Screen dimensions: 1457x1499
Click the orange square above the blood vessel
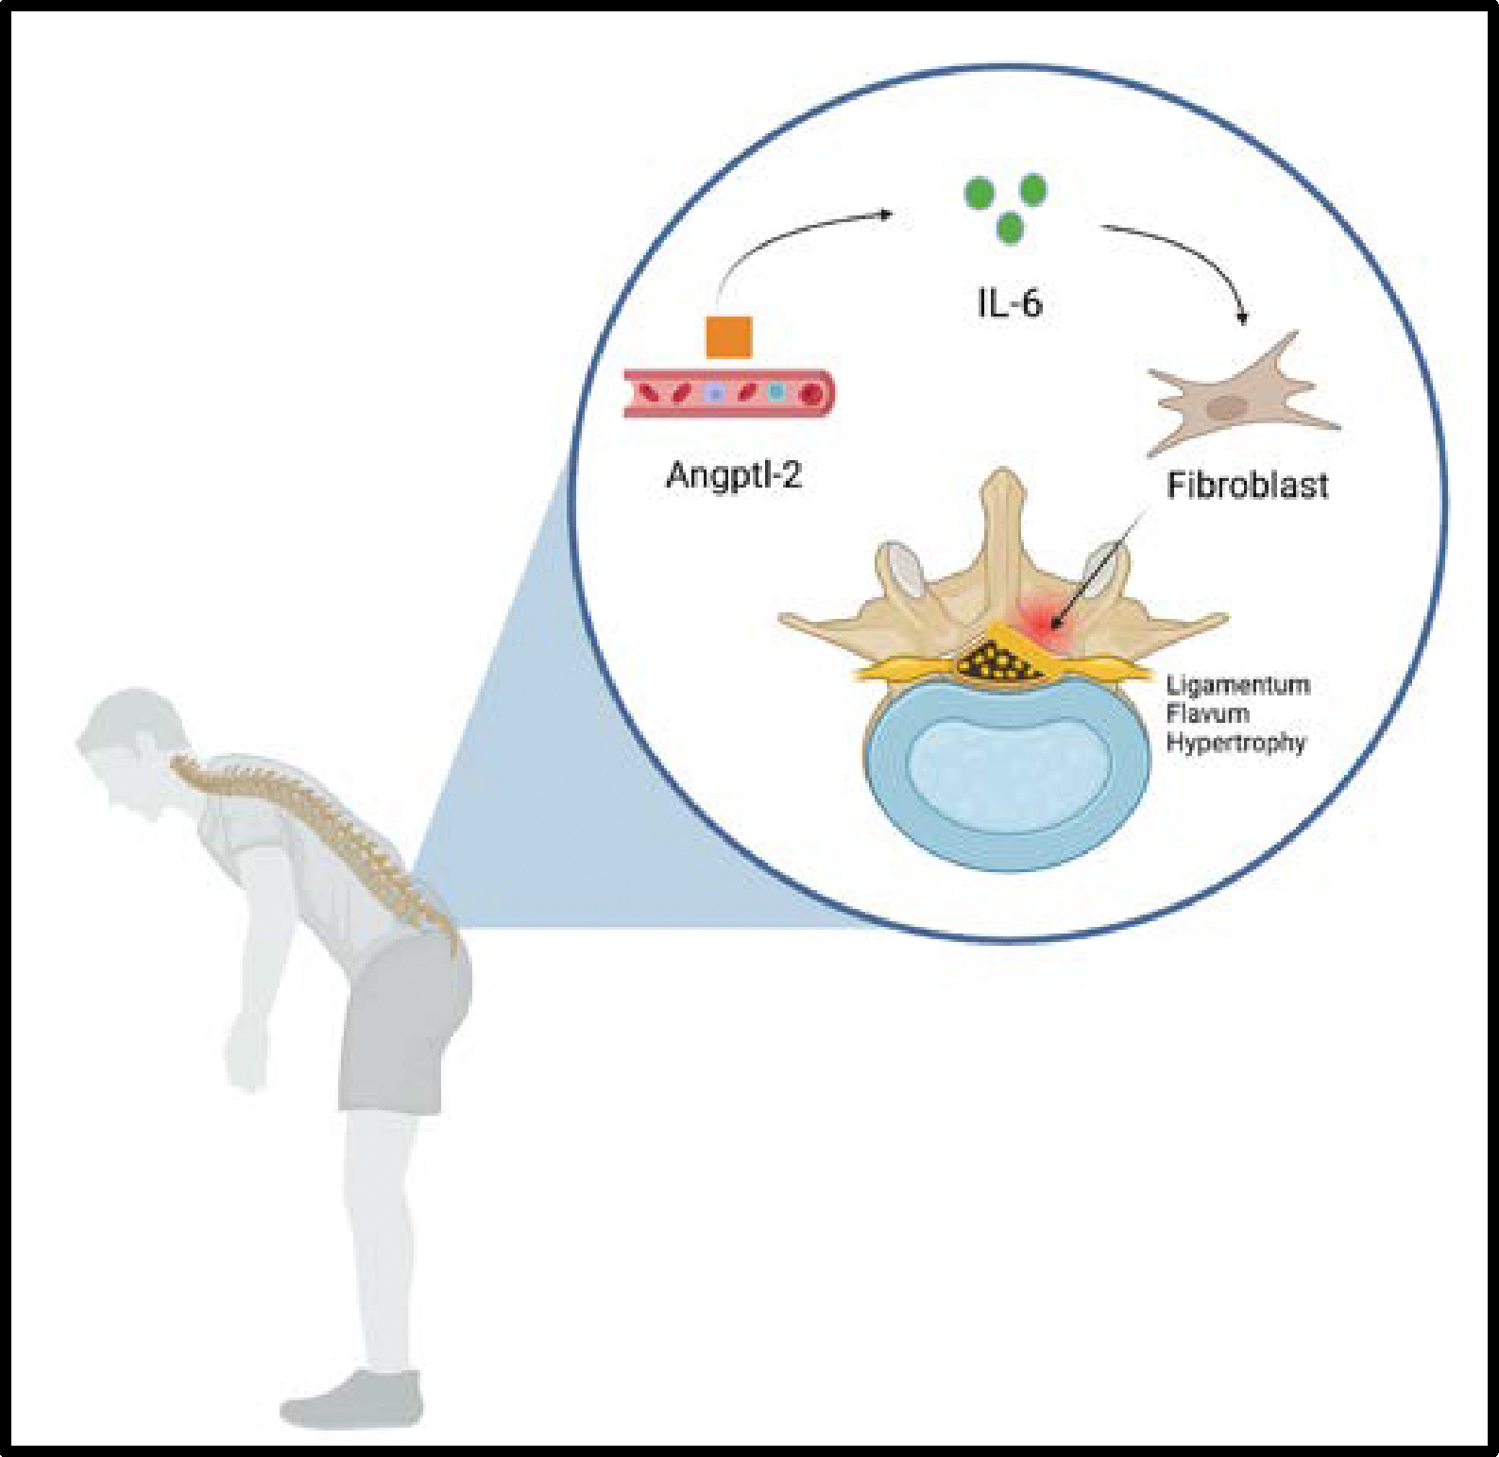pyautogui.click(x=728, y=337)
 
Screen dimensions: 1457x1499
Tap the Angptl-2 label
pyautogui.click(x=734, y=474)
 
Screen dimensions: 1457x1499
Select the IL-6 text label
pyautogui.click(x=1009, y=303)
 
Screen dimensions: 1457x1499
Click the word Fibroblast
pyautogui.click(x=1247, y=486)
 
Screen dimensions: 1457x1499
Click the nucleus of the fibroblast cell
pyautogui.click(x=1228, y=408)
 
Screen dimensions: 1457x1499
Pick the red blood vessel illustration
pyautogui.click(x=728, y=392)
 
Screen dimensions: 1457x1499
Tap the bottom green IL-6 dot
pyautogui.click(x=1009, y=228)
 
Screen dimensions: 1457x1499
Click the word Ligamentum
pyautogui.click(x=1237, y=685)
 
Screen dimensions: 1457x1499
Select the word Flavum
pyautogui.click(x=1207, y=713)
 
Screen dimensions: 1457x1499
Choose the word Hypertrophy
pyautogui.click(x=1235, y=743)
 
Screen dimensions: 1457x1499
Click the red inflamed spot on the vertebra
pyautogui.click(x=1048, y=619)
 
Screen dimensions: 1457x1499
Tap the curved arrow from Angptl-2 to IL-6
pyautogui.click(x=793, y=232)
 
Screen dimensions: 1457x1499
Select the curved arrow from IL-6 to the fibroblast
pyautogui.click(x=1190, y=255)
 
